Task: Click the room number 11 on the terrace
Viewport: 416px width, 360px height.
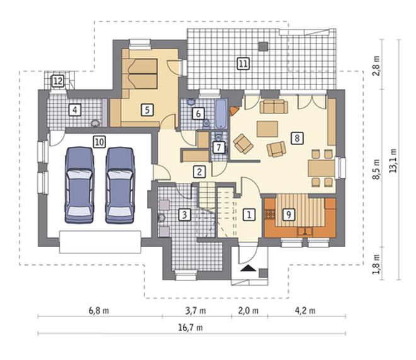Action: [243, 64]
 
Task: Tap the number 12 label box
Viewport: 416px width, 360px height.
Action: [58, 81]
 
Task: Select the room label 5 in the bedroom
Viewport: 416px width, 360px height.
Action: [147, 110]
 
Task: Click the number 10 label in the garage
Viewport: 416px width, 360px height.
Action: [100, 142]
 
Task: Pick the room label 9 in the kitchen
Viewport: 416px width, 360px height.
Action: [289, 214]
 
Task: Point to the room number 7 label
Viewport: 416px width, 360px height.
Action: [219, 148]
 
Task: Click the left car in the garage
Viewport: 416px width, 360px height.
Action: [79, 185]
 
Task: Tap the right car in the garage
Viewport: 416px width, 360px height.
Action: [120, 185]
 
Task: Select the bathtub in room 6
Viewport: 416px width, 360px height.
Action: [221, 114]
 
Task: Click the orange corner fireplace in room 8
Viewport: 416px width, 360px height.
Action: [234, 110]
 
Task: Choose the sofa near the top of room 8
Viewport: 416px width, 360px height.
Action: [274, 107]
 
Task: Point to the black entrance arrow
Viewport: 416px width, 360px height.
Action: [248, 268]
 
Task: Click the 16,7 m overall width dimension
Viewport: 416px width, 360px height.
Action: [190, 328]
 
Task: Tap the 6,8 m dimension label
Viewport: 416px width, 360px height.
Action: [99, 310]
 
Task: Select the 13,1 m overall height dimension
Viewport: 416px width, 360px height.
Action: [393, 161]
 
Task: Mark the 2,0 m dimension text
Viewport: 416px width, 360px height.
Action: [248, 310]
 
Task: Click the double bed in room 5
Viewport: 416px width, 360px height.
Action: [142, 74]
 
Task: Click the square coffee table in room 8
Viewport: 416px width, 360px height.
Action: [267, 129]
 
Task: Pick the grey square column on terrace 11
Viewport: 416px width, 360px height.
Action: [263, 46]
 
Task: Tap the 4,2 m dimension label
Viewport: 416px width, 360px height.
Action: [305, 310]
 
